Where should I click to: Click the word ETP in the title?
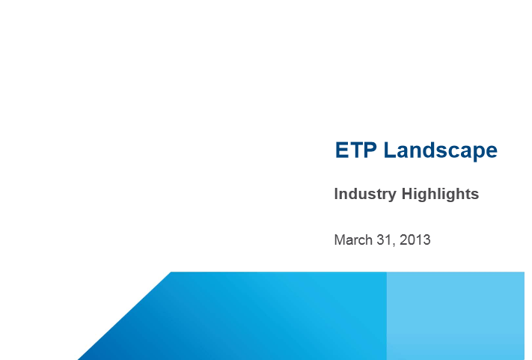tap(355, 150)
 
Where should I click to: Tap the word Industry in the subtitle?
tap(365, 195)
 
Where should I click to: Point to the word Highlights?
tap(441, 195)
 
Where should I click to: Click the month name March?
tap(353, 240)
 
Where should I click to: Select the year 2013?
tap(415, 240)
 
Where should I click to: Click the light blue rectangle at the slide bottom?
tap(456, 316)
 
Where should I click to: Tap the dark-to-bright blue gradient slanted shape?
tap(237, 319)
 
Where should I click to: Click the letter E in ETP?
tap(342, 150)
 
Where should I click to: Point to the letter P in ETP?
tap(370, 150)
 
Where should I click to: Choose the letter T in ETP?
tap(356, 150)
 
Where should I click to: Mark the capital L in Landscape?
tap(390, 150)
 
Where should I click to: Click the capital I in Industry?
tap(336, 194)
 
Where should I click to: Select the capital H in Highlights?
tap(407, 194)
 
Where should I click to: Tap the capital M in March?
tap(339, 240)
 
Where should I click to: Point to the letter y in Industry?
tap(392, 196)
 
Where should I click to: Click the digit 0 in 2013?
tap(412, 240)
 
